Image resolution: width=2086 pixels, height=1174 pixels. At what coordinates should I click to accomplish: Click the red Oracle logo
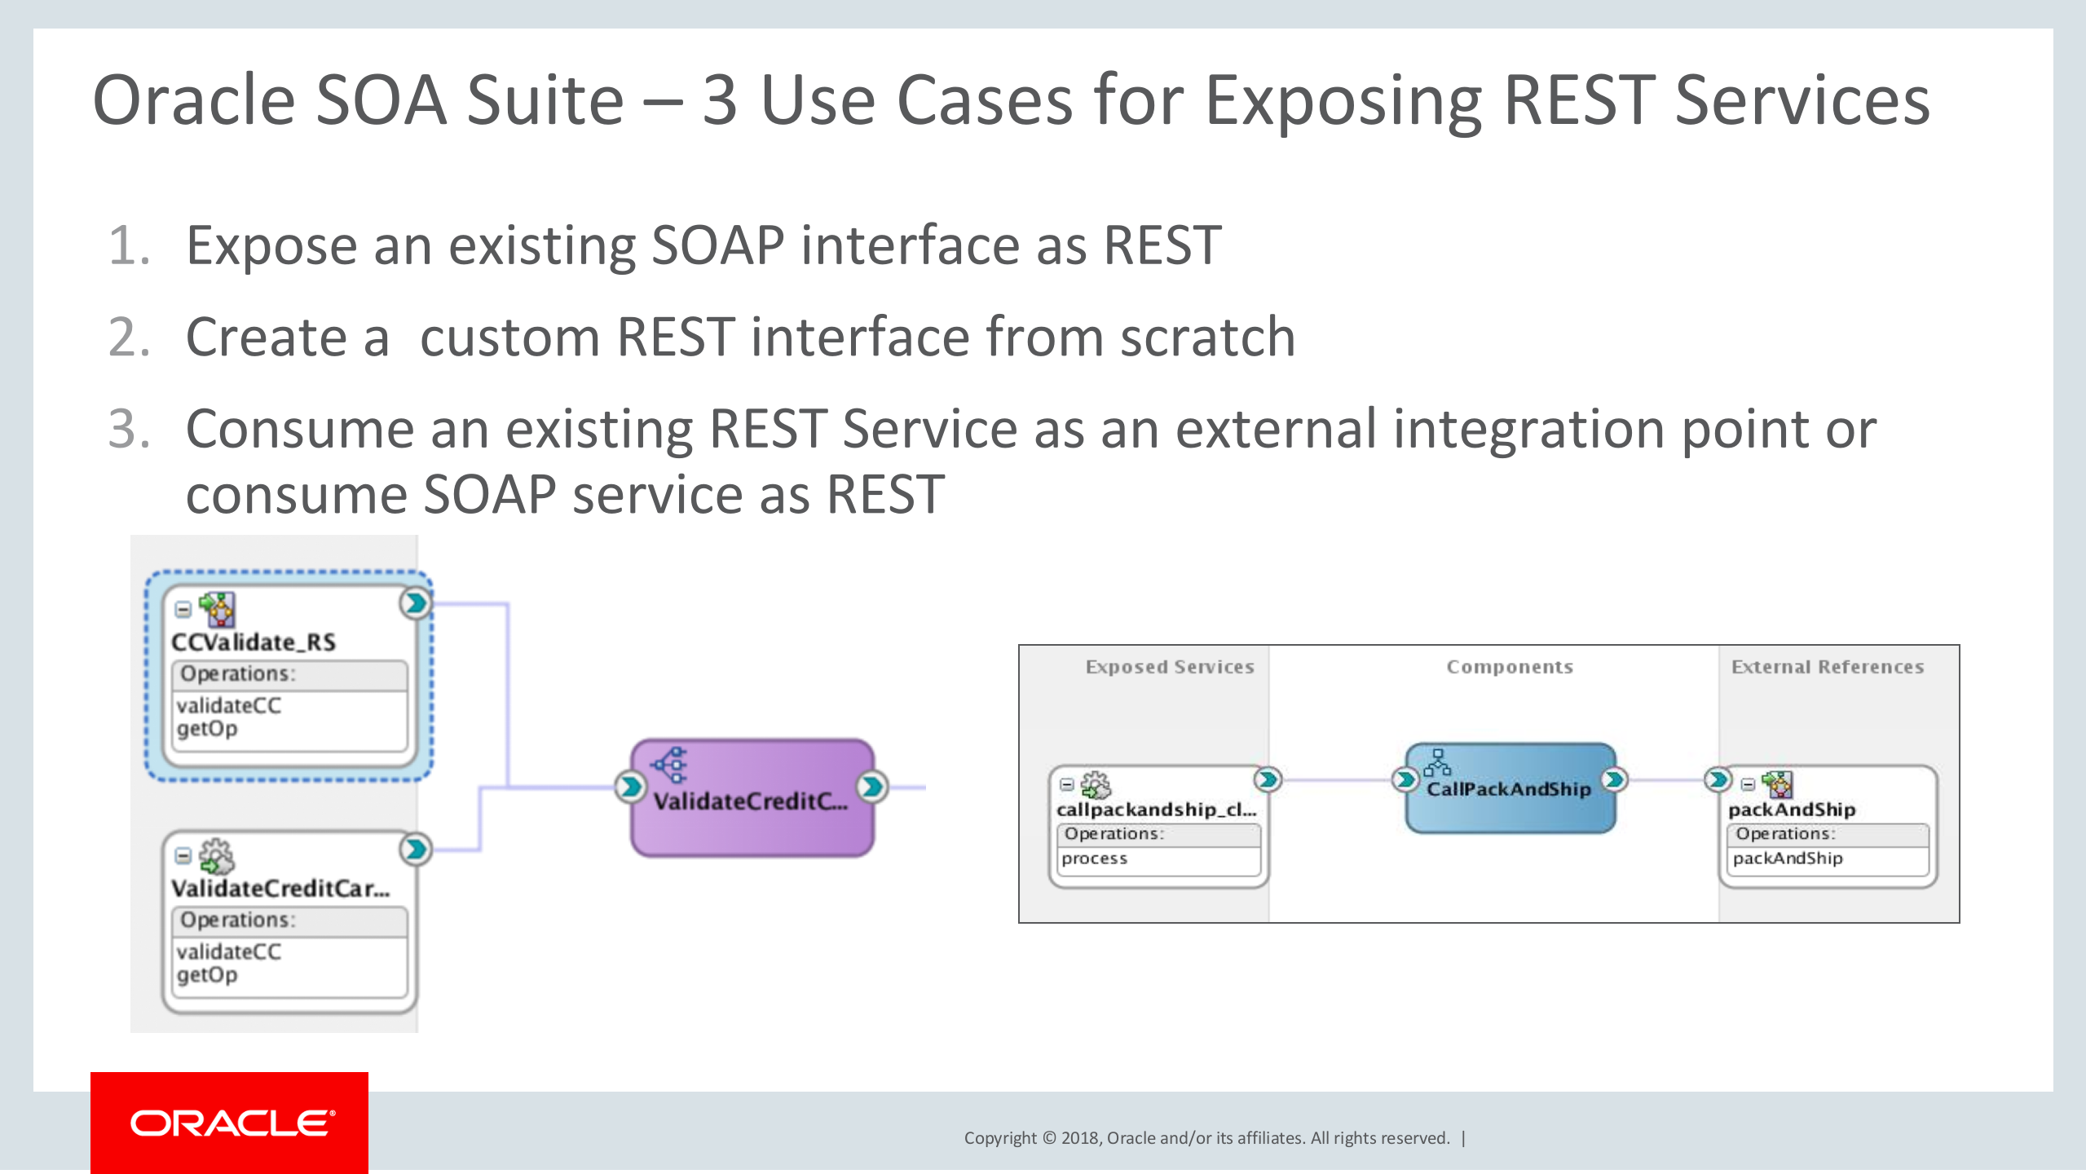pyautogui.click(x=230, y=1123)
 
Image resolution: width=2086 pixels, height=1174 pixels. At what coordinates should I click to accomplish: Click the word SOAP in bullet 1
pyautogui.click(x=717, y=245)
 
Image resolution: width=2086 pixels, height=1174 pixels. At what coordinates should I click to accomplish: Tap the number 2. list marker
pyautogui.click(x=129, y=338)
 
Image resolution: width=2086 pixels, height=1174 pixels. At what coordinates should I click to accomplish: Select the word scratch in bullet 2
pyautogui.click(x=1207, y=338)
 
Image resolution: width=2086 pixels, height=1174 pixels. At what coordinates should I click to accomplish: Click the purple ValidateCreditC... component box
pyautogui.click(x=752, y=798)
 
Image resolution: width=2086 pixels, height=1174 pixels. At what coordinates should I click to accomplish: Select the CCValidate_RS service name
pyautogui.click(x=254, y=642)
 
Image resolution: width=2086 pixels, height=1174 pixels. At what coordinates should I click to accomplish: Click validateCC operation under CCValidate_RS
pyautogui.click(x=229, y=705)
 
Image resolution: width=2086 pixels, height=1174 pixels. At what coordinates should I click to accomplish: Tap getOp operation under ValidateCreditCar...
pyautogui.click(x=207, y=975)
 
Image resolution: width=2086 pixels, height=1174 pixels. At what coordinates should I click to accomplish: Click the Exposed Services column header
pyautogui.click(x=1169, y=667)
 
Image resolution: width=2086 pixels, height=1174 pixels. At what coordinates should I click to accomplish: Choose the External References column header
pyautogui.click(x=1827, y=667)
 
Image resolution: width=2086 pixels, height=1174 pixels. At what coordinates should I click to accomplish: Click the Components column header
pyautogui.click(x=1509, y=667)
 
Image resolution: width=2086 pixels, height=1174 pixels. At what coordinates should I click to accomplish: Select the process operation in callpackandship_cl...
pyautogui.click(x=1094, y=858)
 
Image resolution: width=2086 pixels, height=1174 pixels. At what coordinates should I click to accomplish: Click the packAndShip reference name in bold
pyautogui.click(x=1791, y=810)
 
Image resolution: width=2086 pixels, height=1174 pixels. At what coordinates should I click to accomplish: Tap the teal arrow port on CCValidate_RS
pyautogui.click(x=416, y=603)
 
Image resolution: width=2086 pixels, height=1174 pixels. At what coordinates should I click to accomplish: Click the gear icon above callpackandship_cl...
pyautogui.click(x=1096, y=785)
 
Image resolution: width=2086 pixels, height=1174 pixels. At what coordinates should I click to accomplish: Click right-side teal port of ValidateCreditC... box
pyautogui.click(x=871, y=787)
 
